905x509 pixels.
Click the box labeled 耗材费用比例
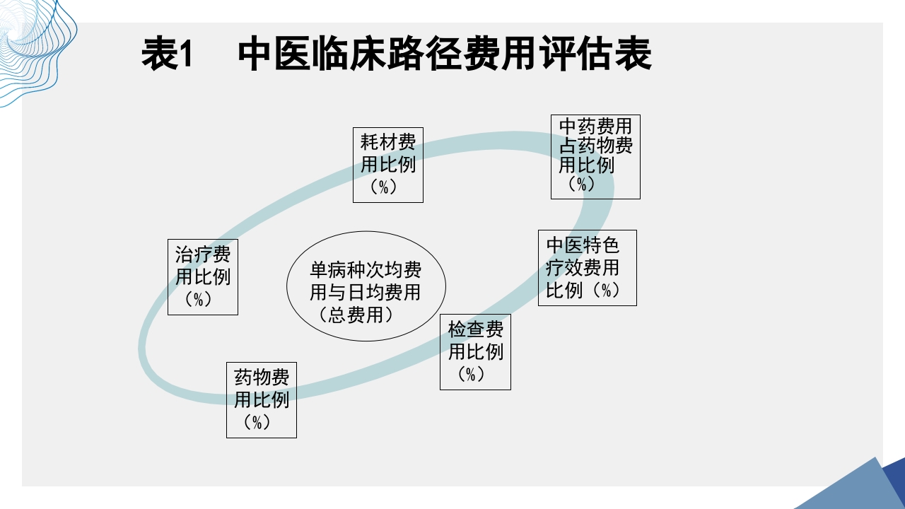pyautogui.click(x=388, y=165)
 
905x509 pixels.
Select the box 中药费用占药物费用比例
pyautogui.click(x=595, y=156)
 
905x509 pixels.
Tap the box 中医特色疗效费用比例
pyautogui.click(x=587, y=267)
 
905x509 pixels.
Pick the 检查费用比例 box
pyautogui.click(x=475, y=351)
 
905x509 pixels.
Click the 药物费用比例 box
pyautogui.click(x=261, y=399)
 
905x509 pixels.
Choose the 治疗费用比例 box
pyautogui.click(x=202, y=276)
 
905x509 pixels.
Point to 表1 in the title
pyautogui.click(x=168, y=54)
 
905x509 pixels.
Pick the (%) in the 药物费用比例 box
pyautogui.click(x=258, y=422)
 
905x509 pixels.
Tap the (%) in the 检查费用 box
pyautogui.click(x=472, y=374)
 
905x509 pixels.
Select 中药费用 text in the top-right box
pyautogui.click(x=595, y=127)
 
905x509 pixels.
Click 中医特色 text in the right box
pyautogui.click(x=583, y=245)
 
